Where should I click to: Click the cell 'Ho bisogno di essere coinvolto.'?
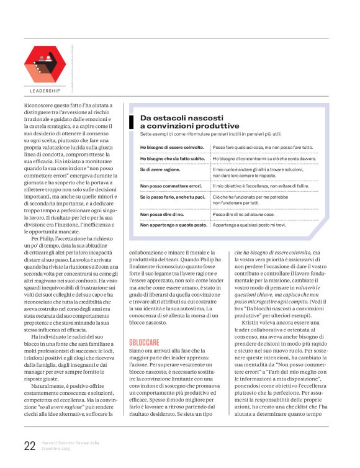(x=172, y=148)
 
